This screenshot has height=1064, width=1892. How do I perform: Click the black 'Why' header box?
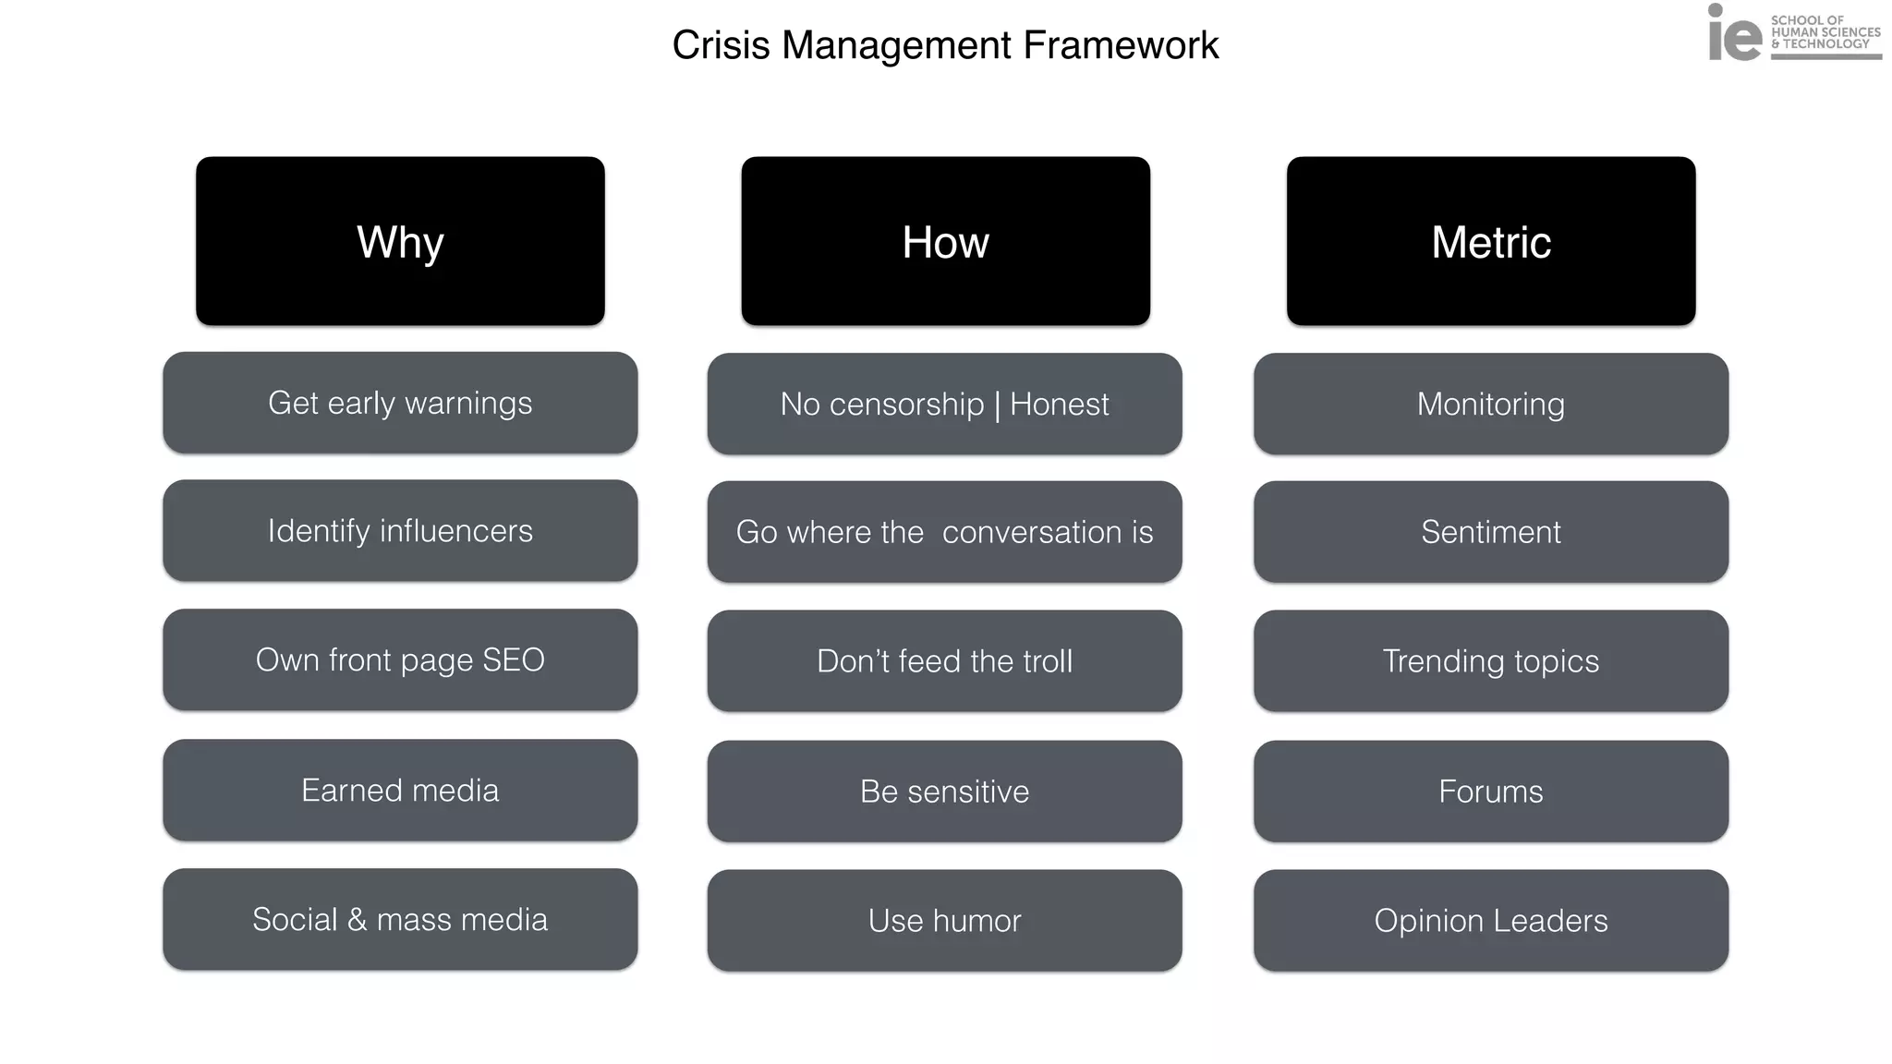coord(400,241)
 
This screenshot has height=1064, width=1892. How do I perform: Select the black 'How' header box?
coord(945,241)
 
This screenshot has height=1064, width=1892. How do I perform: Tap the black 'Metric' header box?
coord(1490,241)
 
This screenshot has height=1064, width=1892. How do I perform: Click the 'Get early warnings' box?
coord(400,403)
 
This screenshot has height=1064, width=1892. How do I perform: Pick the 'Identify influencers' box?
coord(400,531)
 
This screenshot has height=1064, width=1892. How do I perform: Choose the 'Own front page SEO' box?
coord(400,660)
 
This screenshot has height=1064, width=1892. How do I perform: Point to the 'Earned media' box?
coord(400,791)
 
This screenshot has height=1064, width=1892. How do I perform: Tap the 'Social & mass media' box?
coord(400,920)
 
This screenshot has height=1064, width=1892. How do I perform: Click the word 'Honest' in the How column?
coord(1059,405)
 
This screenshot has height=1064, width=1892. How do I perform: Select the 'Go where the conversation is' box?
coord(944,532)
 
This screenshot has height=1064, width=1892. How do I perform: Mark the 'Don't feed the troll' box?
coord(944,661)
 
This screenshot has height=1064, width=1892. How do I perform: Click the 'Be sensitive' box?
coord(944,792)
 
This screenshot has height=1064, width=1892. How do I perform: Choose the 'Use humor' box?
coord(944,921)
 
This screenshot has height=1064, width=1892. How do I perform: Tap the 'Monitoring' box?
coord(1490,405)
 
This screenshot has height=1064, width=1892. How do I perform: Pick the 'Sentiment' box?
coord(1490,532)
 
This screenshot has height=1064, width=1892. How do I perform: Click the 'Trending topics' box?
coord(1490,661)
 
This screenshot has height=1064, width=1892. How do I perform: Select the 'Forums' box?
coord(1490,792)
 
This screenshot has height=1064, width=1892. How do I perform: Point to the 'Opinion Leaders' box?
coord(1490,921)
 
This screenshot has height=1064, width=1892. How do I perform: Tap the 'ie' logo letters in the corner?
coord(1734,35)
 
